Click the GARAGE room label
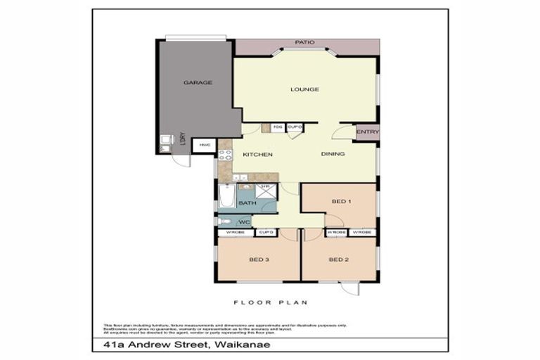[x=198, y=82]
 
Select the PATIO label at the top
[x=304, y=42]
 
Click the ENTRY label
[x=367, y=132]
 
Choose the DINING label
[x=333, y=154]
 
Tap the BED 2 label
[x=339, y=259]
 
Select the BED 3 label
[x=258, y=259]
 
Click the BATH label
[x=247, y=204]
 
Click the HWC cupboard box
[x=205, y=146]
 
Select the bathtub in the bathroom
[x=226, y=197]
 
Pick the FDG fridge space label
[x=278, y=127]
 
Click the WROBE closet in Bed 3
[x=234, y=232]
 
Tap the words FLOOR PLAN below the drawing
[x=271, y=303]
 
